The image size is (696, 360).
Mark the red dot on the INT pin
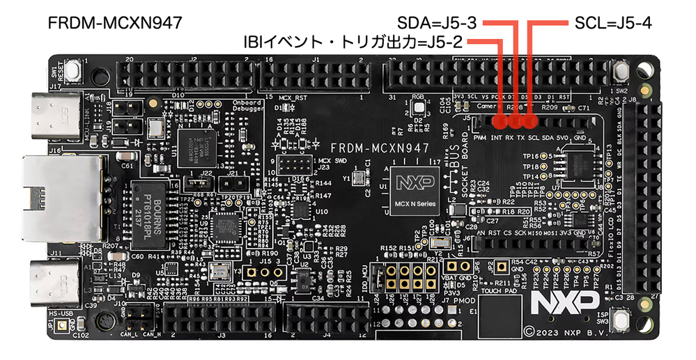(x=499, y=122)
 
